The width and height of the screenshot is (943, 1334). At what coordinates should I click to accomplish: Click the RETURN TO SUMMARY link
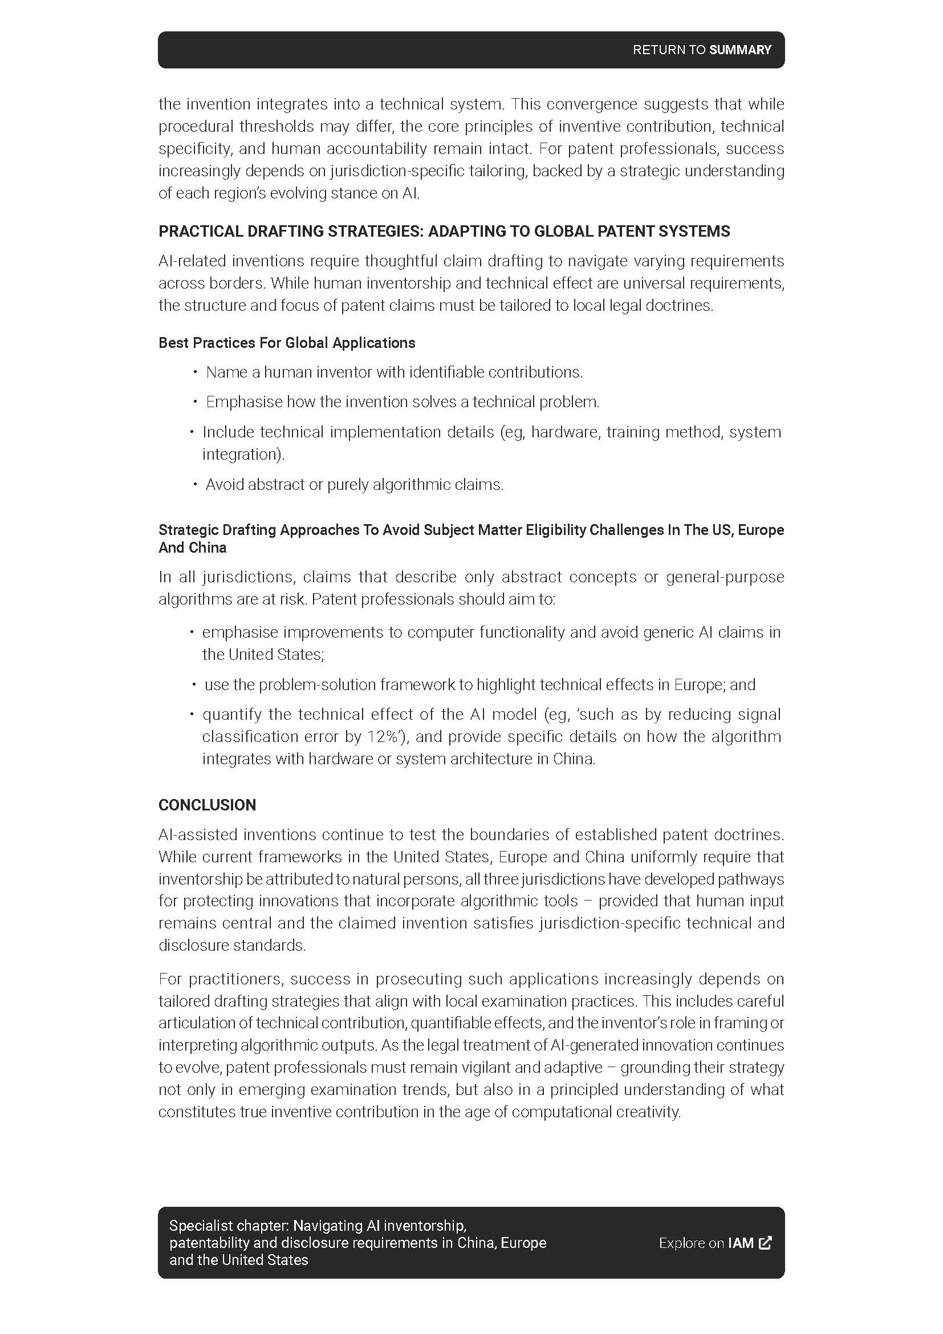coord(701,50)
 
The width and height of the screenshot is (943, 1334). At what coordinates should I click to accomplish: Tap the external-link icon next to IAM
coord(766,1243)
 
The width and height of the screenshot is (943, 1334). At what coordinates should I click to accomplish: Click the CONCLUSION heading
coord(208,805)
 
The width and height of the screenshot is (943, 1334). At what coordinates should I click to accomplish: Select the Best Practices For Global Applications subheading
coord(287,343)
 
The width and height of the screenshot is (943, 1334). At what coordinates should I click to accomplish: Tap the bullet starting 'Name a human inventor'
coord(394,372)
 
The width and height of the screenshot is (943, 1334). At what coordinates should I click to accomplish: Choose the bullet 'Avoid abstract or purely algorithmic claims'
coord(354,485)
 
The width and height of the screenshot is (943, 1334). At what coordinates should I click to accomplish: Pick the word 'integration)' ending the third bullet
coord(243,455)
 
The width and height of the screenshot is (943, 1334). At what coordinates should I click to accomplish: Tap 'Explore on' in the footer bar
coord(691,1243)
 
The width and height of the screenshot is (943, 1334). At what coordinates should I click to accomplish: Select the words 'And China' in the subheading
coord(192,548)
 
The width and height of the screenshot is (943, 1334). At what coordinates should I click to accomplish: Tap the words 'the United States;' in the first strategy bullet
coord(262,655)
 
